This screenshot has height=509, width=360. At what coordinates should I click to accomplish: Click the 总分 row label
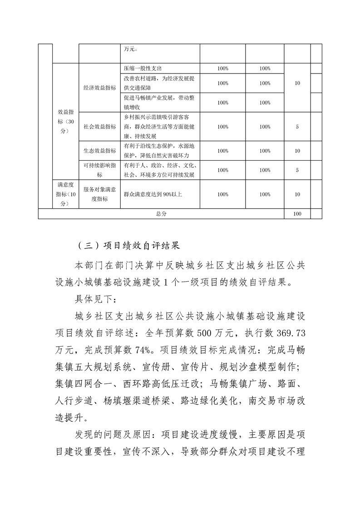pos(161,214)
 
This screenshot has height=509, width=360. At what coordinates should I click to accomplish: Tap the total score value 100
pos(297,214)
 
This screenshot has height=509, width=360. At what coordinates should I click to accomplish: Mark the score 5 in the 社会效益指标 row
pos(297,127)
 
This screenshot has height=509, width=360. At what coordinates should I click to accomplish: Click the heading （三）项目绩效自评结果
pos(129,246)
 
